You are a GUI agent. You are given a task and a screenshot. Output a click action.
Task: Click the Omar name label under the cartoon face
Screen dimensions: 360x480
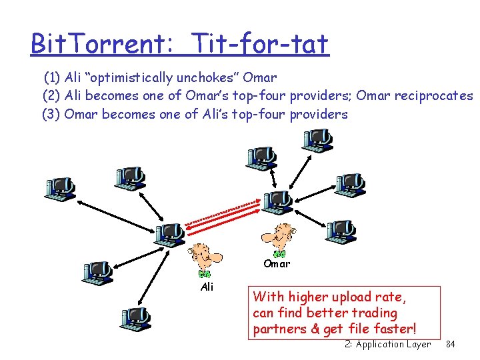click(277, 263)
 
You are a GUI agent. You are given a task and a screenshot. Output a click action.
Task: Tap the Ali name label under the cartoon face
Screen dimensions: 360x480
click(207, 287)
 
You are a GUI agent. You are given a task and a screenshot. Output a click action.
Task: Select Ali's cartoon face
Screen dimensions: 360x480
click(204, 257)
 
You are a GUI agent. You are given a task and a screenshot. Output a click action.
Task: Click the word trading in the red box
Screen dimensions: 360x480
click(373, 313)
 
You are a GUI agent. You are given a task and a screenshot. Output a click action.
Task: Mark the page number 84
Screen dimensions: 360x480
click(450, 344)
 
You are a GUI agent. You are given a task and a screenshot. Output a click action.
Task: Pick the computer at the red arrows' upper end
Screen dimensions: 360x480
click(275, 200)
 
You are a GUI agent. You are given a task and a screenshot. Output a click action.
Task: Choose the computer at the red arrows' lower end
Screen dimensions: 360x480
click(169, 234)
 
